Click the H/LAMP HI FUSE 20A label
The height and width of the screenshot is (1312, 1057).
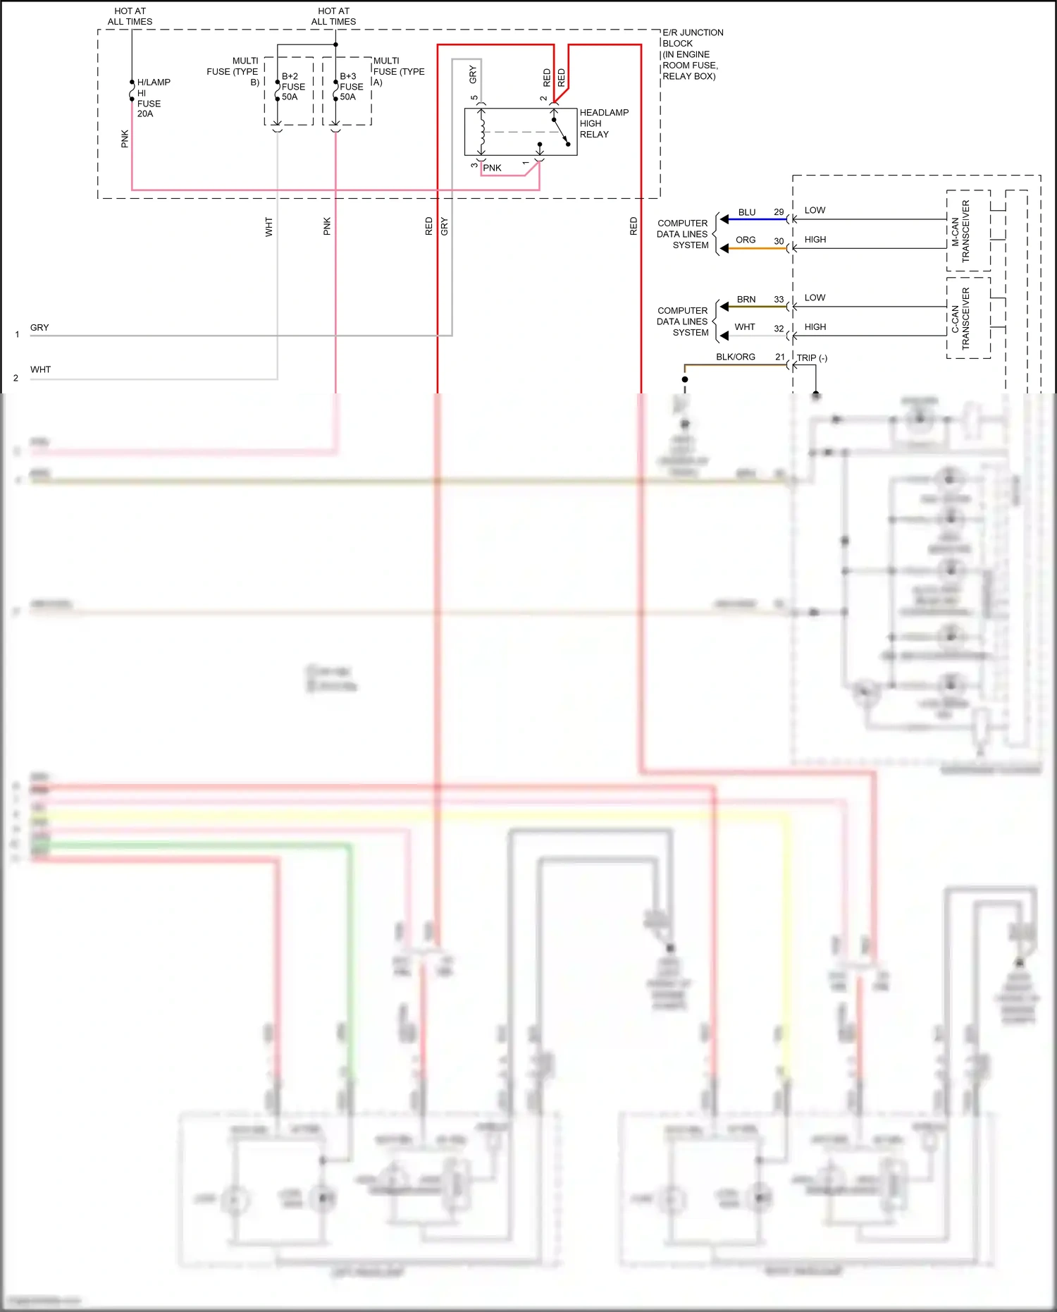[x=152, y=98]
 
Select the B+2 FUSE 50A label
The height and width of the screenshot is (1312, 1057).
[x=293, y=87]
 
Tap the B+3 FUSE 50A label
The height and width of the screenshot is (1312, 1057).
[x=351, y=87]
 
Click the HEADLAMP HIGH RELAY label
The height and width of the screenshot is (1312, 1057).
[x=603, y=123]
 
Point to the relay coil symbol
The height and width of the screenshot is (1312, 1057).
[x=483, y=131]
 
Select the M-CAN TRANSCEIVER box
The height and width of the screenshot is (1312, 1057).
[x=968, y=231]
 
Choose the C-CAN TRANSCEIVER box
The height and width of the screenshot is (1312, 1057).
[x=968, y=318]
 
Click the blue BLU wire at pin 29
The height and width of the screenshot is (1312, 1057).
[x=755, y=219]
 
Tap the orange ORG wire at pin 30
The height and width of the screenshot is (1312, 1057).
[x=755, y=248]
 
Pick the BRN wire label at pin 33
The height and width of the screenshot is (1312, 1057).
[x=746, y=300]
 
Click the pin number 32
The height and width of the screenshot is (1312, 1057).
[x=779, y=329]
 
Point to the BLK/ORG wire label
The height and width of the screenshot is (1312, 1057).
[x=735, y=357]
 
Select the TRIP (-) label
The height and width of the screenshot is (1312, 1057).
[x=812, y=358]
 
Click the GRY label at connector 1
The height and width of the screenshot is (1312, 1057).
[x=39, y=328]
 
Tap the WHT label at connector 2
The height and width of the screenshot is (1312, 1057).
[x=40, y=369]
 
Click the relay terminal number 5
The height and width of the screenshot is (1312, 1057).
[x=474, y=98]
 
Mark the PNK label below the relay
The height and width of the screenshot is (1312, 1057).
[x=492, y=168]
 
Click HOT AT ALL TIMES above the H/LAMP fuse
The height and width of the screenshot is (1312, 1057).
[x=130, y=16]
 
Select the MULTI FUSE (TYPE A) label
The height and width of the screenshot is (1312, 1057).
[x=398, y=71]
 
